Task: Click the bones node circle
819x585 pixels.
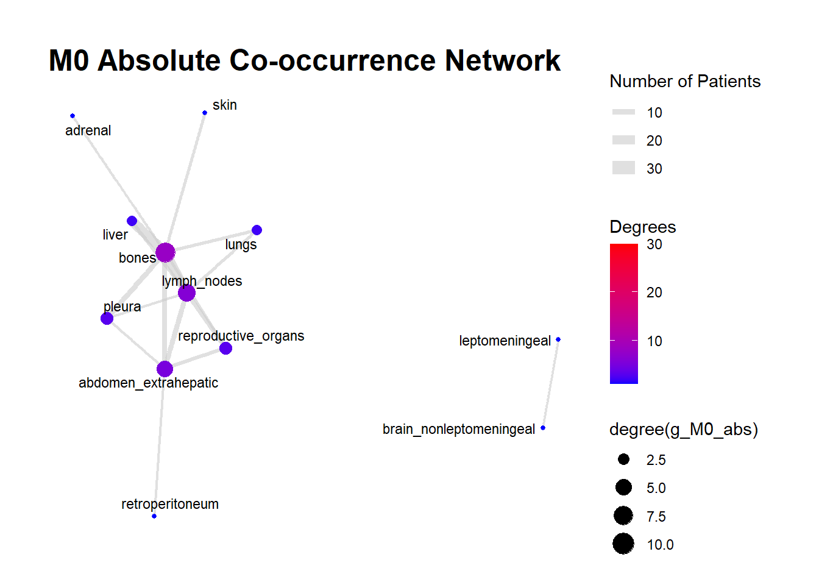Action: click(165, 252)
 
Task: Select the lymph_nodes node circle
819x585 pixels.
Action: click(186, 293)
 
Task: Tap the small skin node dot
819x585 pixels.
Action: click(205, 113)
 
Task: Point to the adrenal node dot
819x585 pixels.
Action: click(73, 116)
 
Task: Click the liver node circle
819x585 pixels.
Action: click(132, 221)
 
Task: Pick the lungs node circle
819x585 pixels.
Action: click(257, 230)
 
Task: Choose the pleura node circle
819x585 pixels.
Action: click(107, 319)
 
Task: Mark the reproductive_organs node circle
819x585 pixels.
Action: click(225, 349)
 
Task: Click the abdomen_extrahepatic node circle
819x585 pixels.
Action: click(165, 369)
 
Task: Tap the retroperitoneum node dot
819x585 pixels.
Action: click(154, 516)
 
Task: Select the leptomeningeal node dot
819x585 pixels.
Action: click(558, 339)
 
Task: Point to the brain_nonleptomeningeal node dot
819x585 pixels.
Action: click(543, 428)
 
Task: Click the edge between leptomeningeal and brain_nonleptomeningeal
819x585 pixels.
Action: click(550, 384)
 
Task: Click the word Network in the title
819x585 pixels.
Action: click(502, 61)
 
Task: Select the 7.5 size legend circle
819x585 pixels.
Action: click(623, 516)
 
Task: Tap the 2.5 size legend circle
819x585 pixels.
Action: click(623, 459)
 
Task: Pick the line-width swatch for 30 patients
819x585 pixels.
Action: click(623, 168)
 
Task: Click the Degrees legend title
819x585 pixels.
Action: click(642, 227)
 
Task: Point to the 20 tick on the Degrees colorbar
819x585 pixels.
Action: click(654, 292)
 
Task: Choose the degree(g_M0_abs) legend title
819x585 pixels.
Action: click(683, 430)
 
